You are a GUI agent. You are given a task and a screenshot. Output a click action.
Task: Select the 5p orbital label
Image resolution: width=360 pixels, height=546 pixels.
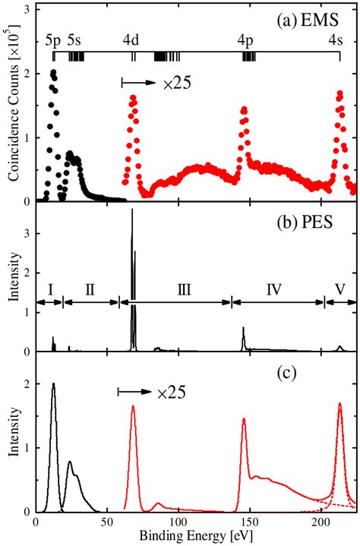click(53, 36)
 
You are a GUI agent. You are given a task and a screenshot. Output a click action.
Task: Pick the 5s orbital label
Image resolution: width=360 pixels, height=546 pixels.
click(76, 36)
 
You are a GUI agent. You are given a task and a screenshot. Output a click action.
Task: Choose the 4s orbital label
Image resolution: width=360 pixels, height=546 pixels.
click(335, 36)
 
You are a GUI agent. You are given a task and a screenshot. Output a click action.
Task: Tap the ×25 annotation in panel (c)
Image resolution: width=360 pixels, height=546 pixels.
click(171, 393)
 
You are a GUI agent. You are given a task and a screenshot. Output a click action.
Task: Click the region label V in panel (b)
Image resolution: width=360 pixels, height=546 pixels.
click(340, 289)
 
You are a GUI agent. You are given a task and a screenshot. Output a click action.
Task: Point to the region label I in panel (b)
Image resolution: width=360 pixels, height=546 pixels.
click(49, 289)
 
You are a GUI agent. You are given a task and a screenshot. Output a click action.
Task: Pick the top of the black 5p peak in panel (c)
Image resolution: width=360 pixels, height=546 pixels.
click(53, 383)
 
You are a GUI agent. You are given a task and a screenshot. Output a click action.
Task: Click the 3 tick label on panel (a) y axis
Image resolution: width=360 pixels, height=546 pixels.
click(27, 9)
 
